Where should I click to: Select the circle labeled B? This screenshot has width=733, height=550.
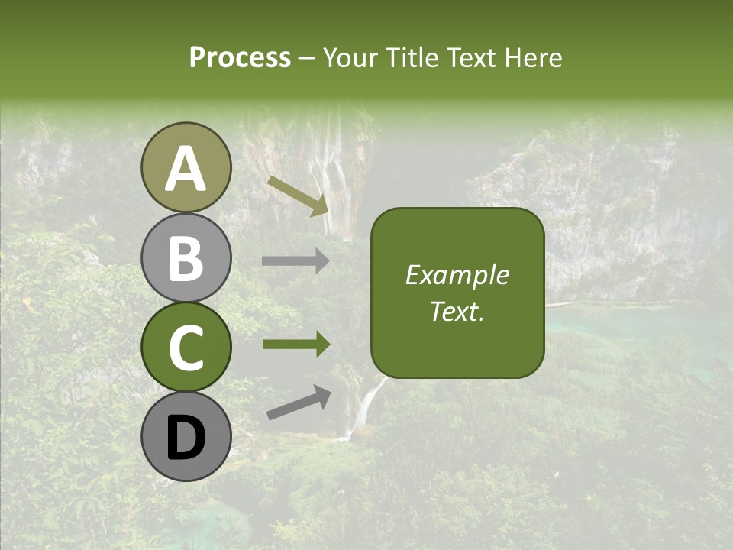point(186,257)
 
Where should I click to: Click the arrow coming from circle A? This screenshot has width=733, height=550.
point(299,196)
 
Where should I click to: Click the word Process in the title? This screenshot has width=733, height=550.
point(240,57)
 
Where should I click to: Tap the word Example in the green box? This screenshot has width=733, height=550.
point(457,275)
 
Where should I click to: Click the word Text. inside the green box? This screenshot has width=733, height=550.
point(457,311)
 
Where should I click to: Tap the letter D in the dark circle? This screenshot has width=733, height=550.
point(186,438)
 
